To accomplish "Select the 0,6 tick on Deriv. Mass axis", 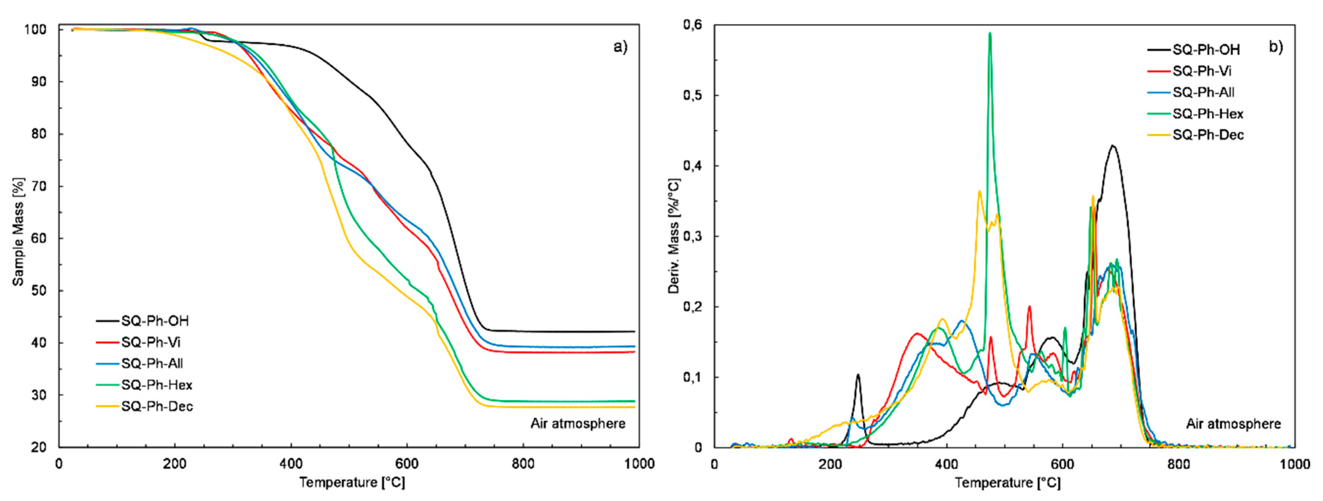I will [692, 25].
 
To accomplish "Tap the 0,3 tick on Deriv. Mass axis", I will [692, 236].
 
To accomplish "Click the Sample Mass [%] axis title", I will [18, 232].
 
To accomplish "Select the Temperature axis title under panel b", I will [1008, 483].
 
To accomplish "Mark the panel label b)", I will [1276, 47].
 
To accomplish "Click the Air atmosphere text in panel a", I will [578, 423].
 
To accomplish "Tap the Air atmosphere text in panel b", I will [1233, 424].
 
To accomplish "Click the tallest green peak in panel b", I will [990, 34].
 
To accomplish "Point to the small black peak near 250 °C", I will [858, 375].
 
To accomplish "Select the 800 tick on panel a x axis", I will [523, 464].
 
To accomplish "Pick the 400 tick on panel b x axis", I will [946, 464].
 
